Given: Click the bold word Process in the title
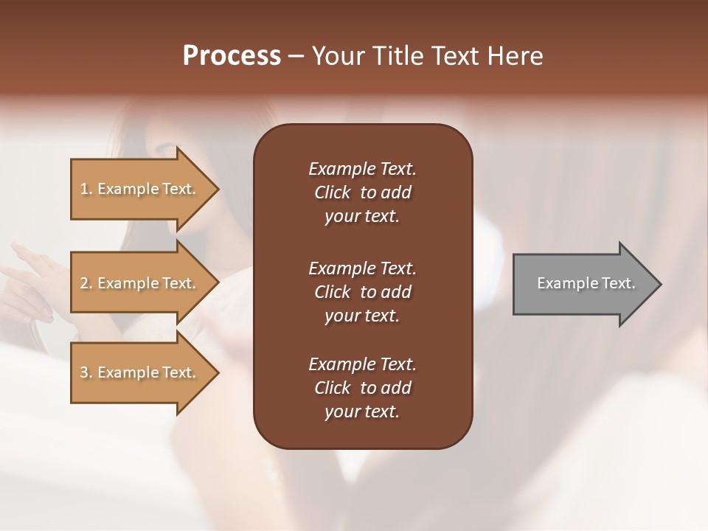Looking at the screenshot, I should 232,56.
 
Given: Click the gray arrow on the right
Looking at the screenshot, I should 583,283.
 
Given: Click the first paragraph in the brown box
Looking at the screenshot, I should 362,192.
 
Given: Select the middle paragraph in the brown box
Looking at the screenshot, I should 362,291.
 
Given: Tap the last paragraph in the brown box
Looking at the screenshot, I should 362,388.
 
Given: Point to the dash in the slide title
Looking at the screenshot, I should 296,56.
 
